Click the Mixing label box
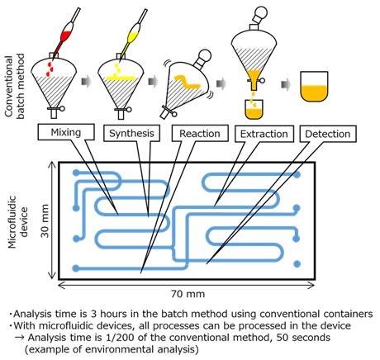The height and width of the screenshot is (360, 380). point(66,132)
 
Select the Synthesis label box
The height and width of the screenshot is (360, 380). point(131,134)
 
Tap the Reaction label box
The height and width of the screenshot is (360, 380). point(200,134)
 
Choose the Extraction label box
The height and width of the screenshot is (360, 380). point(264,134)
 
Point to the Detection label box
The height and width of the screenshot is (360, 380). point(328,134)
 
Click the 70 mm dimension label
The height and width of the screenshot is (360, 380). point(188,294)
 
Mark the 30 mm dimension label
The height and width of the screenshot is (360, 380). point(45,220)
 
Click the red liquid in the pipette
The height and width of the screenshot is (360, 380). point(65,36)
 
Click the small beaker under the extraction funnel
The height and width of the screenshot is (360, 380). point(254,109)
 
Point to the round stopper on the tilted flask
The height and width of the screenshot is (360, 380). point(205,55)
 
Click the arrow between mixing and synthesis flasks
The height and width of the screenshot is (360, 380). point(86,83)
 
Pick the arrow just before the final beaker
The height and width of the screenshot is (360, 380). point(286,84)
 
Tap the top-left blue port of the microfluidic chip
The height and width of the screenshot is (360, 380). point(76,173)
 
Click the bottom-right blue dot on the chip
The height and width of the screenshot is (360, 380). point(297,264)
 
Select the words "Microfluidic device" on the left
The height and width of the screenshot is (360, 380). point(19,222)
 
